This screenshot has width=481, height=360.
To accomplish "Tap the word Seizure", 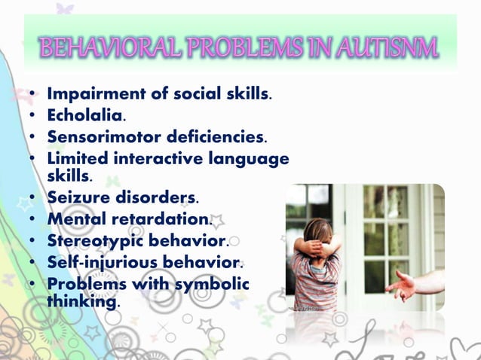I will point(77,199).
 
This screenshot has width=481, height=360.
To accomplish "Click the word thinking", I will point(81,301).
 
